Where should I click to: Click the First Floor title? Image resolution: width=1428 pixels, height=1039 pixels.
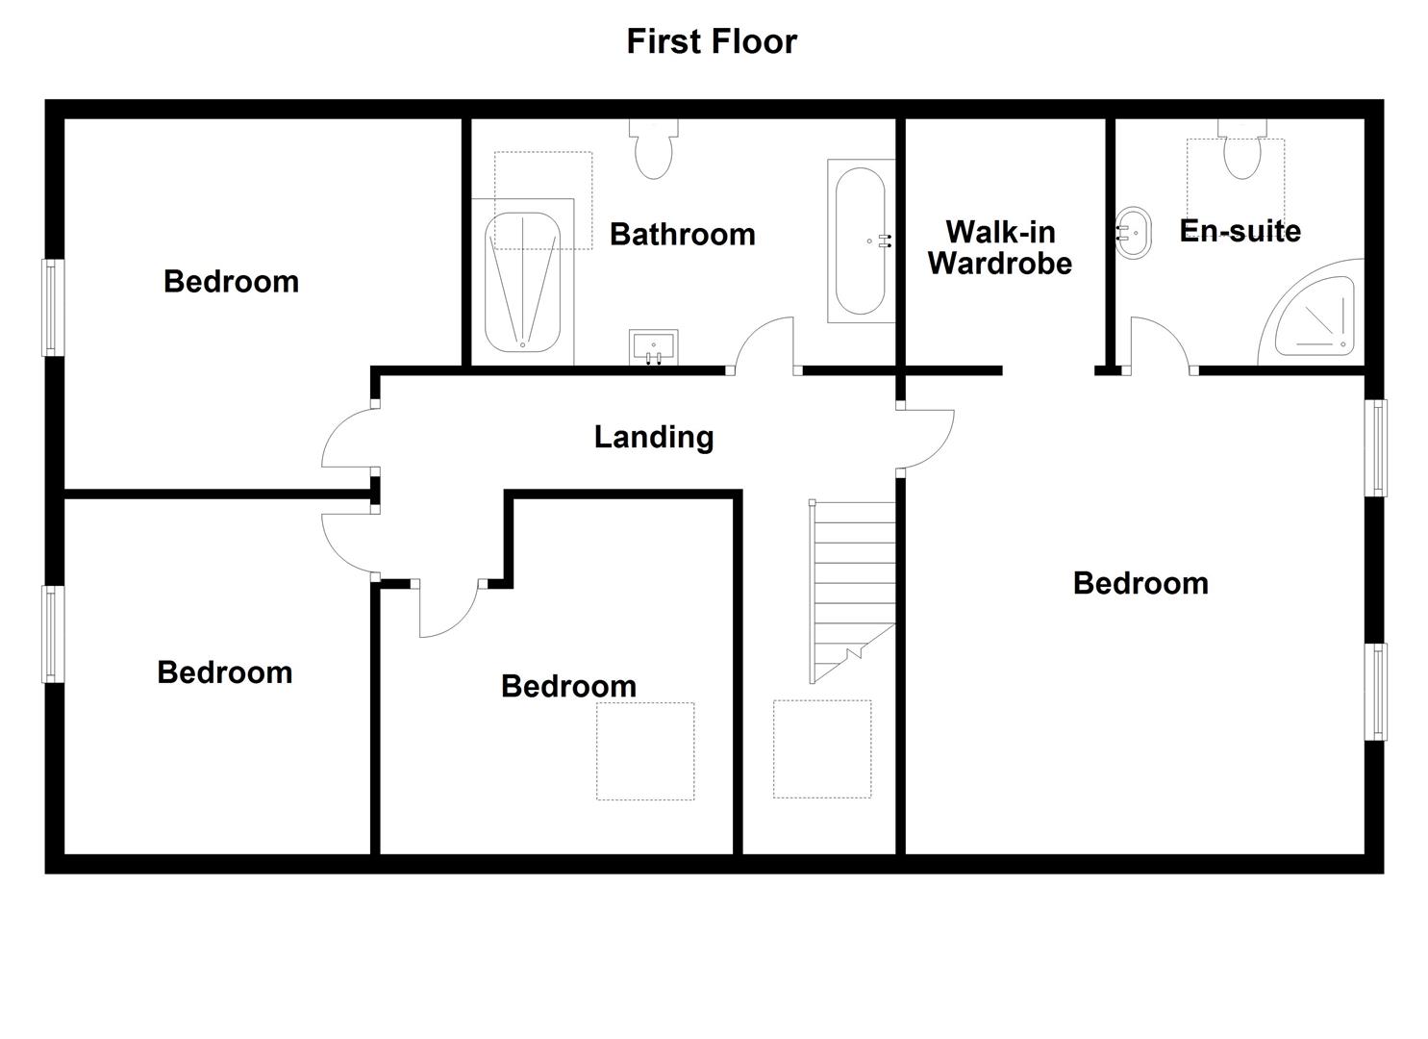[x=712, y=41]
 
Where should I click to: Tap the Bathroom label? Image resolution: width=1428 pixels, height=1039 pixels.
[x=682, y=234]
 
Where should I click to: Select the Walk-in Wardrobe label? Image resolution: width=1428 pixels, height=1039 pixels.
[x=1000, y=247]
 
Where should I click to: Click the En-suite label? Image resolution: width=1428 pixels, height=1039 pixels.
[x=1240, y=230]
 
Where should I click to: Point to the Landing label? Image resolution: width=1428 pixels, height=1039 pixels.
[x=654, y=438]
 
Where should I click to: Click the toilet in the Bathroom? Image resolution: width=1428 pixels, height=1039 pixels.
[x=654, y=149]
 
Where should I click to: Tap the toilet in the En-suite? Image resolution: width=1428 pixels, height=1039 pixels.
[x=1241, y=149]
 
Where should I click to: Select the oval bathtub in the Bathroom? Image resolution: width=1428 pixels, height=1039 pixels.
[x=861, y=241]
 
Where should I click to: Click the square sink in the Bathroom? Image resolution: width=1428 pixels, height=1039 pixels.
[x=654, y=347]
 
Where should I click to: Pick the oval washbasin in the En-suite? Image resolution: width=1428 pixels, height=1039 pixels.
[x=1134, y=233]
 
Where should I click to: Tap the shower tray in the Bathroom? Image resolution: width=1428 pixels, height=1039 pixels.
[x=523, y=282]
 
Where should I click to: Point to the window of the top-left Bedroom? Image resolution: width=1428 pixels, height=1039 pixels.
[x=54, y=308]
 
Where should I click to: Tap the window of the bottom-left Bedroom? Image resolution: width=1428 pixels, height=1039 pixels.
[x=54, y=635]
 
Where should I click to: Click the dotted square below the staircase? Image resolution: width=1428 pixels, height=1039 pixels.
[x=822, y=749]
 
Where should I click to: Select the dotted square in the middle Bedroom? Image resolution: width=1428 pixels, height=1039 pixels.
[x=645, y=751]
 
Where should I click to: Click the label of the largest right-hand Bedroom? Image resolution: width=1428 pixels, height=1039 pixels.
[x=1140, y=584]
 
